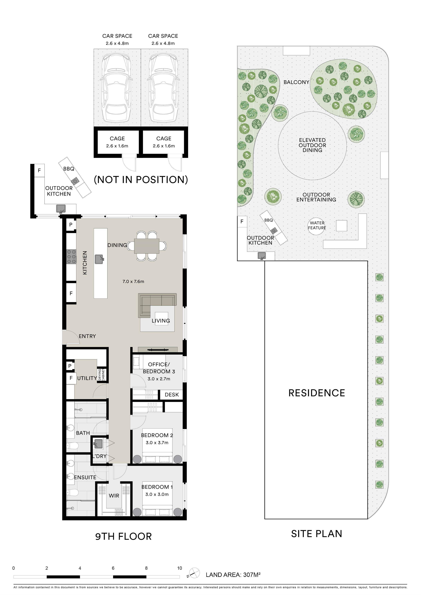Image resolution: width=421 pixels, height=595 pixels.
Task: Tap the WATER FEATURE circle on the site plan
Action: tap(316, 226)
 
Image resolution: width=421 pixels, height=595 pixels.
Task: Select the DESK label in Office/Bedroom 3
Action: tap(172, 395)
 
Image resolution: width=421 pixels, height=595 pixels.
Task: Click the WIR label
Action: tap(114, 496)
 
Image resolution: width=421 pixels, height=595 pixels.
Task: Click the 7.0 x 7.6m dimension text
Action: tap(133, 281)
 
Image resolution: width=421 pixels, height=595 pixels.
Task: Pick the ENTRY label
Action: tap(87, 336)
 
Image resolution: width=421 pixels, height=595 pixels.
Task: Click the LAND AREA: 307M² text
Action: tap(233, 575)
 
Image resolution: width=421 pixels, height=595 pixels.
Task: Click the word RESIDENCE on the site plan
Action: tap(317, 393)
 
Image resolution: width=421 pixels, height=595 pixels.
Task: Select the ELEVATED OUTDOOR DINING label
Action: tap(312, 145)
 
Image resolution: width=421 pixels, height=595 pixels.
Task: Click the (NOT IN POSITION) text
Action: tap(141, 180)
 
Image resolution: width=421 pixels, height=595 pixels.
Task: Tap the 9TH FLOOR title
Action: tap(123, 536)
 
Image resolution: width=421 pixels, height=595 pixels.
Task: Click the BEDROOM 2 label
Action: tap(157, 435)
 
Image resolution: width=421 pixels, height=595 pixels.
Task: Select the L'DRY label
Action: tap(99, 456)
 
